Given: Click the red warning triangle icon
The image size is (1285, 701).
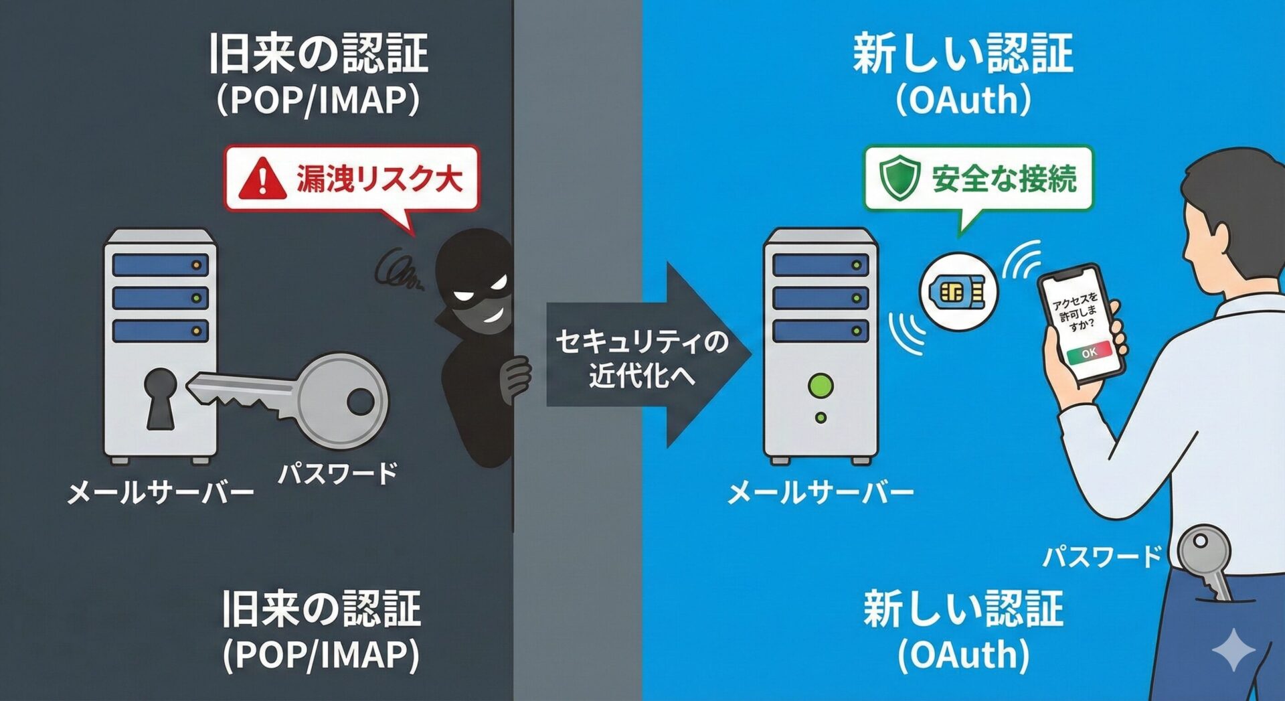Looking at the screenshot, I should point(262,179).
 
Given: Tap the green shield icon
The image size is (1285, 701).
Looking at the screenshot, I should point(899,178).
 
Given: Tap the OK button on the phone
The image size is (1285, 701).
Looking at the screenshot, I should point(1089,353).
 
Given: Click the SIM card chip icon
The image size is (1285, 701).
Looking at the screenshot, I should point(958,292).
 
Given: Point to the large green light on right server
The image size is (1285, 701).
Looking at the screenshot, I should point(821,385).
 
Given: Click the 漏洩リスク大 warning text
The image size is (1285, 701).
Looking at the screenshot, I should point(379,179).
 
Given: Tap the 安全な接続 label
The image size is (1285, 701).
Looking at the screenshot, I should point(1004,179).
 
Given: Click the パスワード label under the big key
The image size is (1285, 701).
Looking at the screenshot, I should point(338,473).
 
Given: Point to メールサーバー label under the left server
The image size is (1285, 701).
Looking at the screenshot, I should point(161,493).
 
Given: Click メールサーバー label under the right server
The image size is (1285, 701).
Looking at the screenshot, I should point(821,493).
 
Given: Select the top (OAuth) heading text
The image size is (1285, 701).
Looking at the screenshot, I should point(963,100).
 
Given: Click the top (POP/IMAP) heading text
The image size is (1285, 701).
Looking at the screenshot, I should point(319,100).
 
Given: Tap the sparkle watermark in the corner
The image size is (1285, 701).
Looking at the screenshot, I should point(1233,649).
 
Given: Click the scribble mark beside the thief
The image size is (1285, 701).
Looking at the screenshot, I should point(397,271).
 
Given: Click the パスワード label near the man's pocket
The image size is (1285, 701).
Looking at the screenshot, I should point(1102,556).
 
